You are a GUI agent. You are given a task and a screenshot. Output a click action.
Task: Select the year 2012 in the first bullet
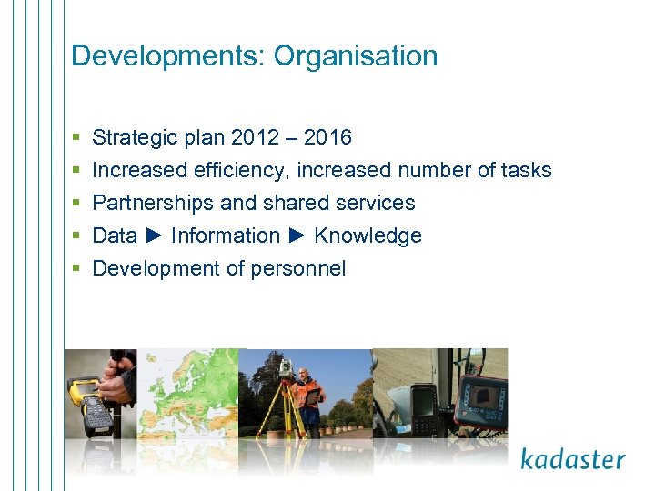[256, 137]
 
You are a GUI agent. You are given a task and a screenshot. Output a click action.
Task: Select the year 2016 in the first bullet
[327, 137]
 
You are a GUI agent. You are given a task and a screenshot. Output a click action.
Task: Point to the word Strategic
[136, 137]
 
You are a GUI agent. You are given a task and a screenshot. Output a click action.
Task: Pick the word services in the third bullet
[377, 203]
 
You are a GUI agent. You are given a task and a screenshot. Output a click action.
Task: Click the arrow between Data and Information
[154, 235]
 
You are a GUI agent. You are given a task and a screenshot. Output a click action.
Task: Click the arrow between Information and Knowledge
[297, 235]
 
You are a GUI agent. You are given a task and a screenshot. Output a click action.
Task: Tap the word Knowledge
[368, 235]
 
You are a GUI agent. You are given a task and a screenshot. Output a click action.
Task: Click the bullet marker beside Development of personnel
[76, 269]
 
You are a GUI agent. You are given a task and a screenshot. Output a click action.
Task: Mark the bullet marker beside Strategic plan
[76, 138]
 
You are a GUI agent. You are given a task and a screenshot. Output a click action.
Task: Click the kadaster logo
[572, 458]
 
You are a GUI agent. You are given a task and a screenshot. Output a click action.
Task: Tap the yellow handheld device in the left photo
[90, 405]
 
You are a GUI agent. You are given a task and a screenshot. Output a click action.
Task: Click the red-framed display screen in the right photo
[482, 400]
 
